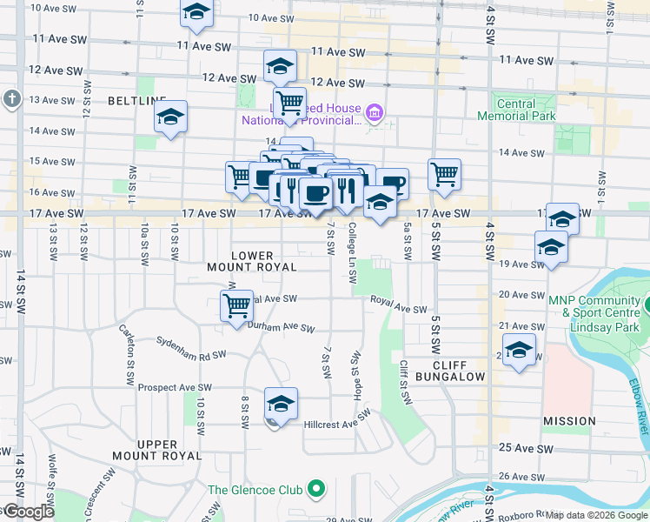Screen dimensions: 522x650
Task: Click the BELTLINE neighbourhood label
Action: [136, 101]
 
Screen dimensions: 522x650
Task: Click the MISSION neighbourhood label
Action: [569, 421]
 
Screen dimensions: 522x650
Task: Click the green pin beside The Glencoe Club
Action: [316, 490]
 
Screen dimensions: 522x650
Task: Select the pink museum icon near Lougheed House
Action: [375, 111]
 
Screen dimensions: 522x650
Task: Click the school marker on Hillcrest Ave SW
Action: [281, 404]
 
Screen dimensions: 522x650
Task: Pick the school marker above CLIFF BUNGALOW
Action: [520, 351]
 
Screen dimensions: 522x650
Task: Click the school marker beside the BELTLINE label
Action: [171, 117]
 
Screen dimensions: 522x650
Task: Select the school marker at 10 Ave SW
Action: [197, 13]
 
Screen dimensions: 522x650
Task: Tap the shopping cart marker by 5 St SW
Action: [444, 174]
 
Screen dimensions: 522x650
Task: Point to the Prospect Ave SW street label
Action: [175, 387]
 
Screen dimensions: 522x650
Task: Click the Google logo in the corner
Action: [28, 512]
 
